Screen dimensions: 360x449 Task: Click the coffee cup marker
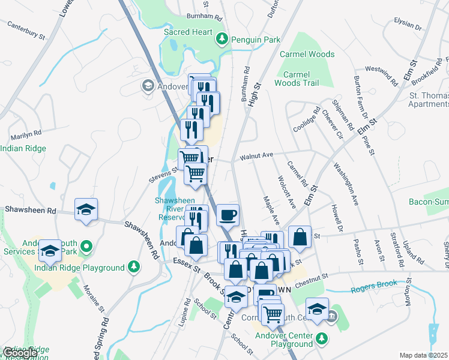coord(228,214)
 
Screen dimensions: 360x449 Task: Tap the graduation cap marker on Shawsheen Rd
coord(86,210)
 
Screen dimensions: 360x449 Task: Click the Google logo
coord(20,353)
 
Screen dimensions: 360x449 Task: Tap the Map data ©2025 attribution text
coord(424,355)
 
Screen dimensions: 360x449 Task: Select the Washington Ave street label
coord(346,182)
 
